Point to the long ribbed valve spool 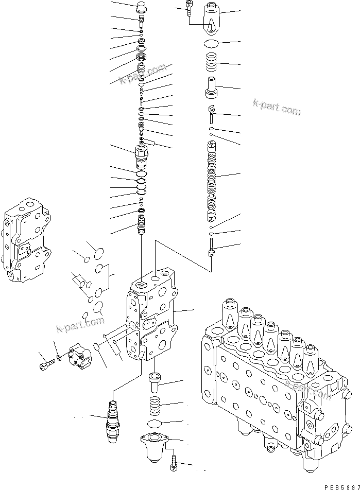point(212,180)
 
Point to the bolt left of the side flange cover point(45,366)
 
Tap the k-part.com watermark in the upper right point(276,107)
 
